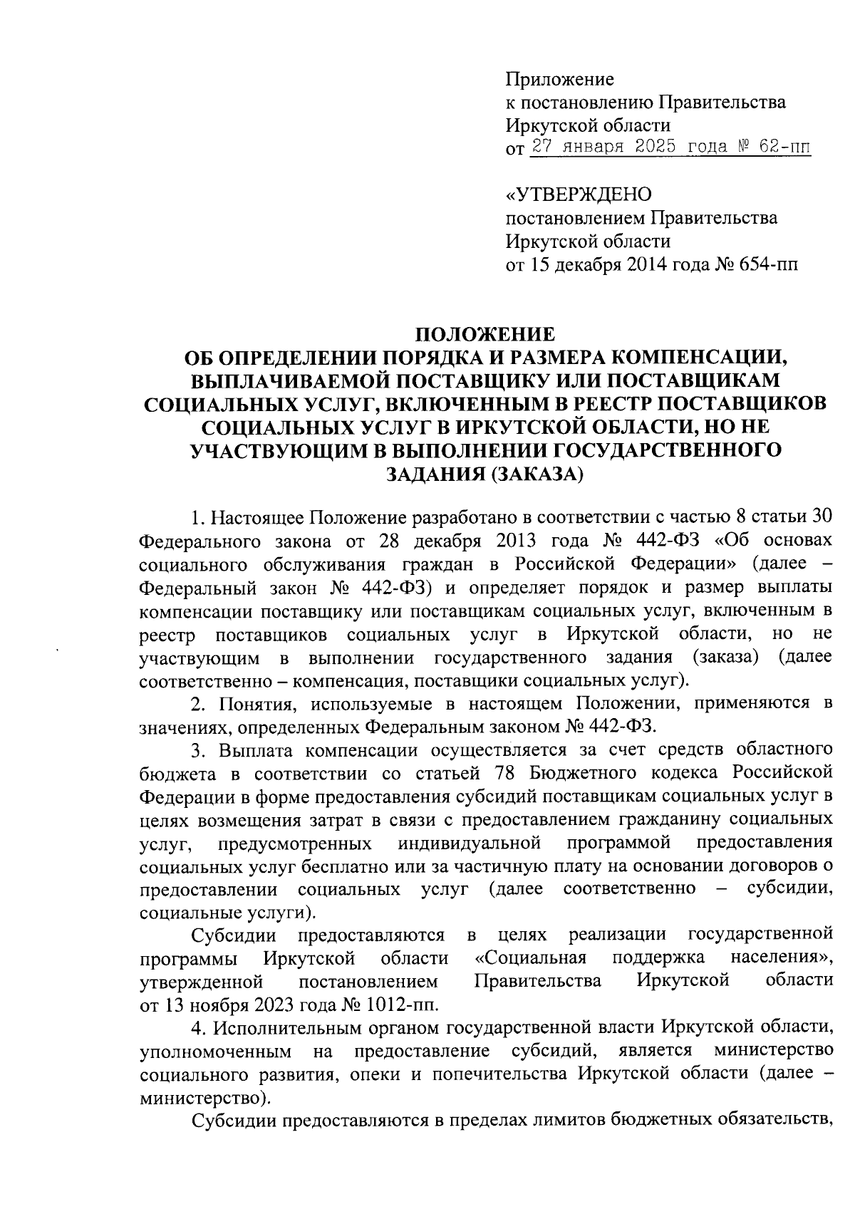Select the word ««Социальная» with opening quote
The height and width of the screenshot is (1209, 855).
[x=530, y=958]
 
